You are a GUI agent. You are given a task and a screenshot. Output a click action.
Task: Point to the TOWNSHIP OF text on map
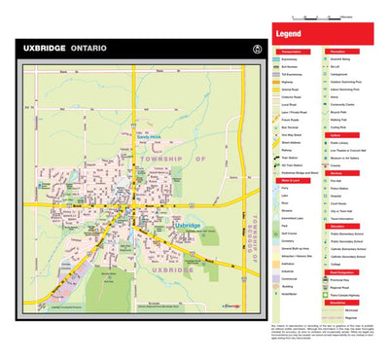(172, 157)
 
